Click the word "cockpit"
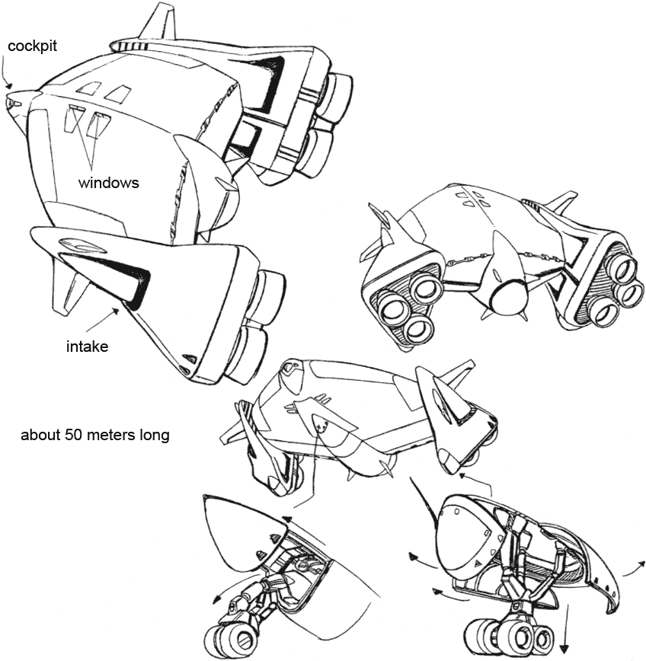coord(32,46)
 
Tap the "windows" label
coord(108,183)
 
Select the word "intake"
coord(88,347)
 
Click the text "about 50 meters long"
coord(95,435)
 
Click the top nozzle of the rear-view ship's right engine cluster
coord(627,269)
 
